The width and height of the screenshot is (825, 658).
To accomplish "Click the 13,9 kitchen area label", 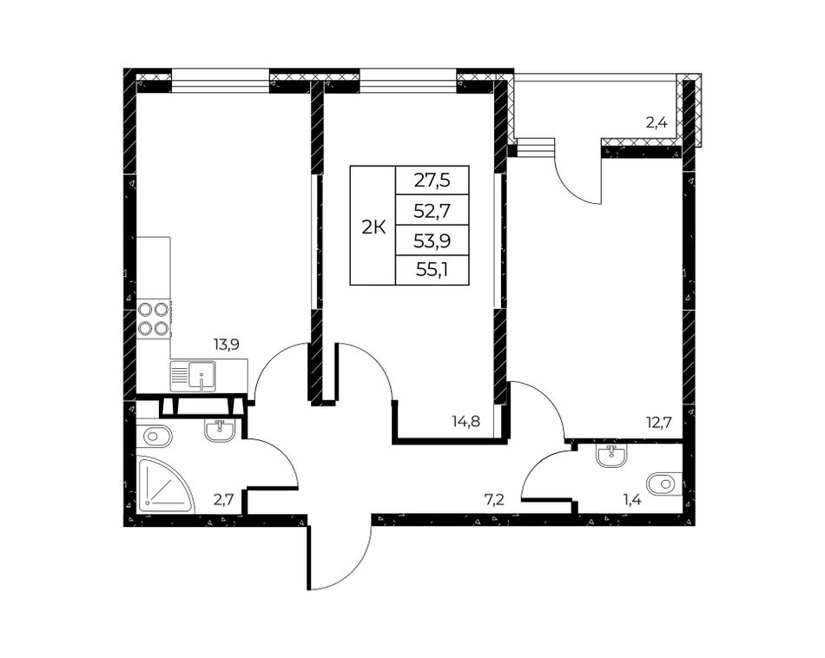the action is tap(227, 345).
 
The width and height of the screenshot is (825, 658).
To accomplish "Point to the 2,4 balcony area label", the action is tap(657, 123).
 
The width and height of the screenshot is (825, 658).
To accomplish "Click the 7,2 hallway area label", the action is tap(494, 499).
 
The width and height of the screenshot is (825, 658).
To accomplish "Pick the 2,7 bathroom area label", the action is tap(223, 499).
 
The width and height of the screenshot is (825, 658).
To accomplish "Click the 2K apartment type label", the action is tap(373, 228).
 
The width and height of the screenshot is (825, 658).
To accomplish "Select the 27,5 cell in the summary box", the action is tap(432, 181).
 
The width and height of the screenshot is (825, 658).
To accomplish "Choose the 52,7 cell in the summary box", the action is tap(432, 210).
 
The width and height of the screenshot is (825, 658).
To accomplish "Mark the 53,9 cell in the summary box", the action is tap(432, 241).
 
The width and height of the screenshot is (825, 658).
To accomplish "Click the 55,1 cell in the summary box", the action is tap(432, 270).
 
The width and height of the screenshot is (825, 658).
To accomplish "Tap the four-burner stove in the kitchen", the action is tap(153, 319).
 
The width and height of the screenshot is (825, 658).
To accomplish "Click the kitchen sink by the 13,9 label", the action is tap(193, 376).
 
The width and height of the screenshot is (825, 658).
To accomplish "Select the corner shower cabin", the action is tap(165, 485).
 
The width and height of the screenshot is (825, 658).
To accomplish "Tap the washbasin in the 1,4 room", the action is tap(612, 456).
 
